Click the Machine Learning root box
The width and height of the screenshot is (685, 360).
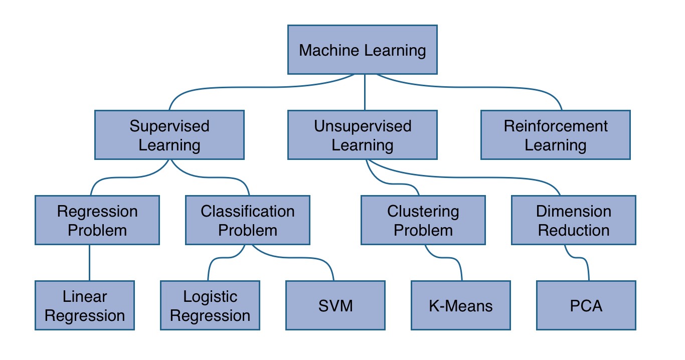(x=362, y=50)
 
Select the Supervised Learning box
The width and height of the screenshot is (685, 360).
(x=169, y=135)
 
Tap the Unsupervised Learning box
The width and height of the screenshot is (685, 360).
(x=362, y=135)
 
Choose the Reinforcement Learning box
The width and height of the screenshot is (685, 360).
(x=555, y=135)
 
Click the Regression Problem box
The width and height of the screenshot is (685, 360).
(x=97, y=220)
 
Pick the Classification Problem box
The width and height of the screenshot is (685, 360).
(x=248, y=220)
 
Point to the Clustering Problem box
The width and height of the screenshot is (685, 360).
(x=423, y=220)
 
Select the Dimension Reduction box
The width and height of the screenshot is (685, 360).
(x=573, y=220)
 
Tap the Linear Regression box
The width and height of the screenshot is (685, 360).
(x=85, y=305)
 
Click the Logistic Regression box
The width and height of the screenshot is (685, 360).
(x=210, y=305)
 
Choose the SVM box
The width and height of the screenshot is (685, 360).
(x=335, y=305)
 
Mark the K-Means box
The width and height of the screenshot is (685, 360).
(x=461, y=305)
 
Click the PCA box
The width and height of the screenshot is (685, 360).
(x=586, y=305)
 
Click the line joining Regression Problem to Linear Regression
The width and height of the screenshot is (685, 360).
(x=90, y=263)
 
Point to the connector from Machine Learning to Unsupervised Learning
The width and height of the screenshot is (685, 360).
(x=365, y=93)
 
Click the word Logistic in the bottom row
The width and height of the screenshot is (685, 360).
(x=210, y=296)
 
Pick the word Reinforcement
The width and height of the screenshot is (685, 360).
(x=556, y=126)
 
